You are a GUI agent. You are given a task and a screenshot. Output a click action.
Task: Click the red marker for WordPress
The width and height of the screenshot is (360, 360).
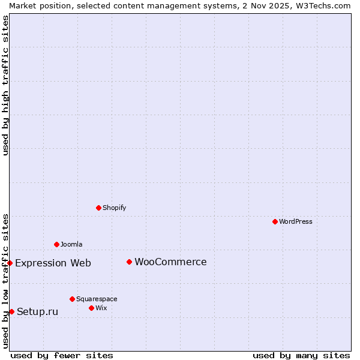tap(275, 221)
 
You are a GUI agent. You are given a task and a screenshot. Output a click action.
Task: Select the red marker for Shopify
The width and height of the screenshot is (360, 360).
tap(98, 208)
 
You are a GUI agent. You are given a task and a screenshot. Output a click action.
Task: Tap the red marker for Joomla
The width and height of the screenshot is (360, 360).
tap(56, 244)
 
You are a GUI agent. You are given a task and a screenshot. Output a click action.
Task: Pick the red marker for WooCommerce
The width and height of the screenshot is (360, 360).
tap(129, 262)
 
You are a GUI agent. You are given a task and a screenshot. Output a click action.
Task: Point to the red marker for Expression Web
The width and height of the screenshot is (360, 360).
tap(10, 263)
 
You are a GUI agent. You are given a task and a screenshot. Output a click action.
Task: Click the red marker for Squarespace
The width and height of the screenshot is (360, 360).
tap(72, 299)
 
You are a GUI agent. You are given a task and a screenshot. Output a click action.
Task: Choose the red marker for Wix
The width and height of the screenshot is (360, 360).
tap(91, 308)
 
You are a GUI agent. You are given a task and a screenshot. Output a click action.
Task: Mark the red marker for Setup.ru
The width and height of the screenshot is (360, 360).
tap(11, 311)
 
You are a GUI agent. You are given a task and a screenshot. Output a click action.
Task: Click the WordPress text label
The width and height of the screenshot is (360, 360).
tap(296, 221)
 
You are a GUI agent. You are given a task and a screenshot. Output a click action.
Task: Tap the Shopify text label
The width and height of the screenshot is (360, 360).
tap(114, 208)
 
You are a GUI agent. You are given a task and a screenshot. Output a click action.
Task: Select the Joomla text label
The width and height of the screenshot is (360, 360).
tap(71, 244)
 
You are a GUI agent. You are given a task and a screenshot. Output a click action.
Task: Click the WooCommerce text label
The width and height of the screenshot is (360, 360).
tap(170, 262)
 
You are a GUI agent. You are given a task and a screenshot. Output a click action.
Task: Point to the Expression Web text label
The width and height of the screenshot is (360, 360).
tap(53, 263)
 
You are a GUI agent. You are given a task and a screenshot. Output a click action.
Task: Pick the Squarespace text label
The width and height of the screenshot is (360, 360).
tap(97, 299)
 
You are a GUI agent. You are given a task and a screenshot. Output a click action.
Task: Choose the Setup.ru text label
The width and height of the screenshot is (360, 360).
tap(37, 311)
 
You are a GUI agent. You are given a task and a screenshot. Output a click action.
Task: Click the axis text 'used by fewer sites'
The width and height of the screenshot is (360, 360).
tap(62, 355)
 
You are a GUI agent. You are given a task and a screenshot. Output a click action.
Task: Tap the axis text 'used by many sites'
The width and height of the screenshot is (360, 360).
tap(301, 355)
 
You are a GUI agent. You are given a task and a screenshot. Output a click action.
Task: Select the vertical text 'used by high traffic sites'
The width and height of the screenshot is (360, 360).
tap(5, 85)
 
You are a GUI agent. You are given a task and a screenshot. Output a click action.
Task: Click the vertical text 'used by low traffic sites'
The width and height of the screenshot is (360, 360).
tap(5, 281)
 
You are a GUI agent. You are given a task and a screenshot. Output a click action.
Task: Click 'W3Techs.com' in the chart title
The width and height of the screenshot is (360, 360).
tap(322, 5)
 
